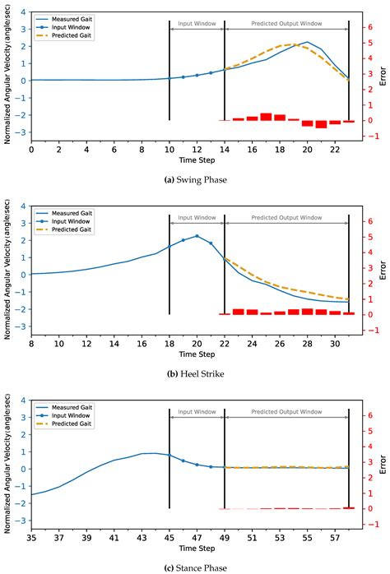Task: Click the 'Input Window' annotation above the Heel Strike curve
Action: (x=197, y=218)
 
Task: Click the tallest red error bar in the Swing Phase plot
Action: (x=266, y=117)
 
